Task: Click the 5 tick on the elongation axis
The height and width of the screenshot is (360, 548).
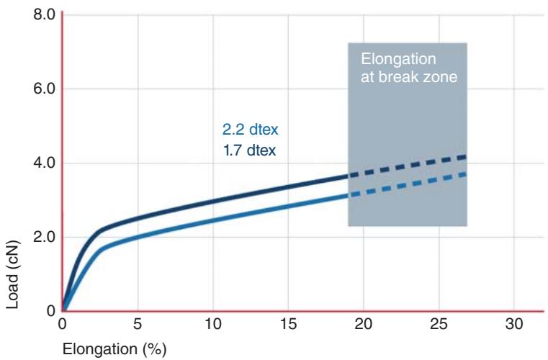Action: (x=138, y=324)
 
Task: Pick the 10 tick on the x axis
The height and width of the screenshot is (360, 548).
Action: (x=213, y=324)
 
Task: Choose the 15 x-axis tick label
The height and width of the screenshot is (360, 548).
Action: (x=288, y=324)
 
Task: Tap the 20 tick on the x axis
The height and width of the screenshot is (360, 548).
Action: (x=364, y=324)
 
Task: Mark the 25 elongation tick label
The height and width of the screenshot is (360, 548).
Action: (x=439, y=324)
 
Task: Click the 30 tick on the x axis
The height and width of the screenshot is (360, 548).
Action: (x=514, y=324)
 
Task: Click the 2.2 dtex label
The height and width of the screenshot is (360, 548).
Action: (x=250, y=131)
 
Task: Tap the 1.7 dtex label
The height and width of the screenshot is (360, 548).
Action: (x=250, y=151)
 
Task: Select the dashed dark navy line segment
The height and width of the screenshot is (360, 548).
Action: (x=408, y=166)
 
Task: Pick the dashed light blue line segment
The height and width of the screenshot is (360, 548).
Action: (x=408, y=184)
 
